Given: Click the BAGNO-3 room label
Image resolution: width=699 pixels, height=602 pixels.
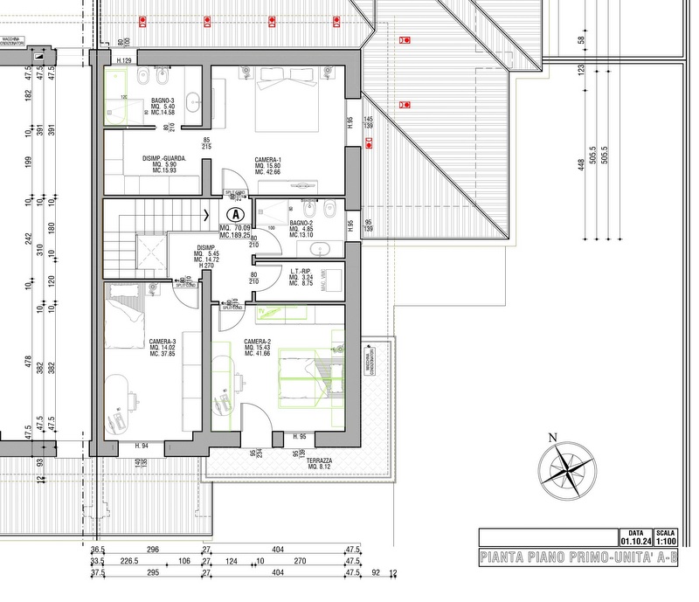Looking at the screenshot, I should point(163,100).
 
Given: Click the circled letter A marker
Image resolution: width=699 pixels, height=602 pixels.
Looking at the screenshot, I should point(235,213).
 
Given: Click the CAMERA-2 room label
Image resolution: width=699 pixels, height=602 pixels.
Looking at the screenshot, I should point(256,342).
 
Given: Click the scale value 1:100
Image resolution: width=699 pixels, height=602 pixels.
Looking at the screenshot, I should point(666,540).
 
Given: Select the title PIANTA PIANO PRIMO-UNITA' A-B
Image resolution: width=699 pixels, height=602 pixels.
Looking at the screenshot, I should point(578,557).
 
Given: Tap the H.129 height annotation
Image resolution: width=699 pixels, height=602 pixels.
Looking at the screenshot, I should point(123,59).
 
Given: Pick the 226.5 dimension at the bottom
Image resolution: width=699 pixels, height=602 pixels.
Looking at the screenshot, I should point(130,562).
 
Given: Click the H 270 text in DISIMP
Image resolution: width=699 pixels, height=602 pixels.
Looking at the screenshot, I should point(205,266).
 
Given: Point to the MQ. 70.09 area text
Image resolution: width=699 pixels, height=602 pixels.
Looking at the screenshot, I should point(236,228).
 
